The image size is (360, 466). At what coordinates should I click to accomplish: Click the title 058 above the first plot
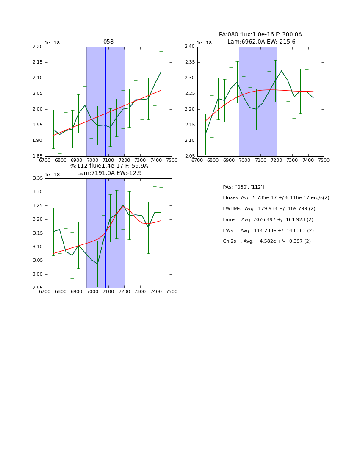(108, 42)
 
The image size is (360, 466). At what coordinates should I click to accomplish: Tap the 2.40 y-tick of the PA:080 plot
(190, 47)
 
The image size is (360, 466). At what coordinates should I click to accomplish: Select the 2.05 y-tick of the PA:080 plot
(190, 156)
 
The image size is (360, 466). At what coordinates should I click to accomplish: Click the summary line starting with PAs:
(244, 187)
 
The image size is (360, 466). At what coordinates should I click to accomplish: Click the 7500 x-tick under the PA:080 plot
(324, 161)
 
